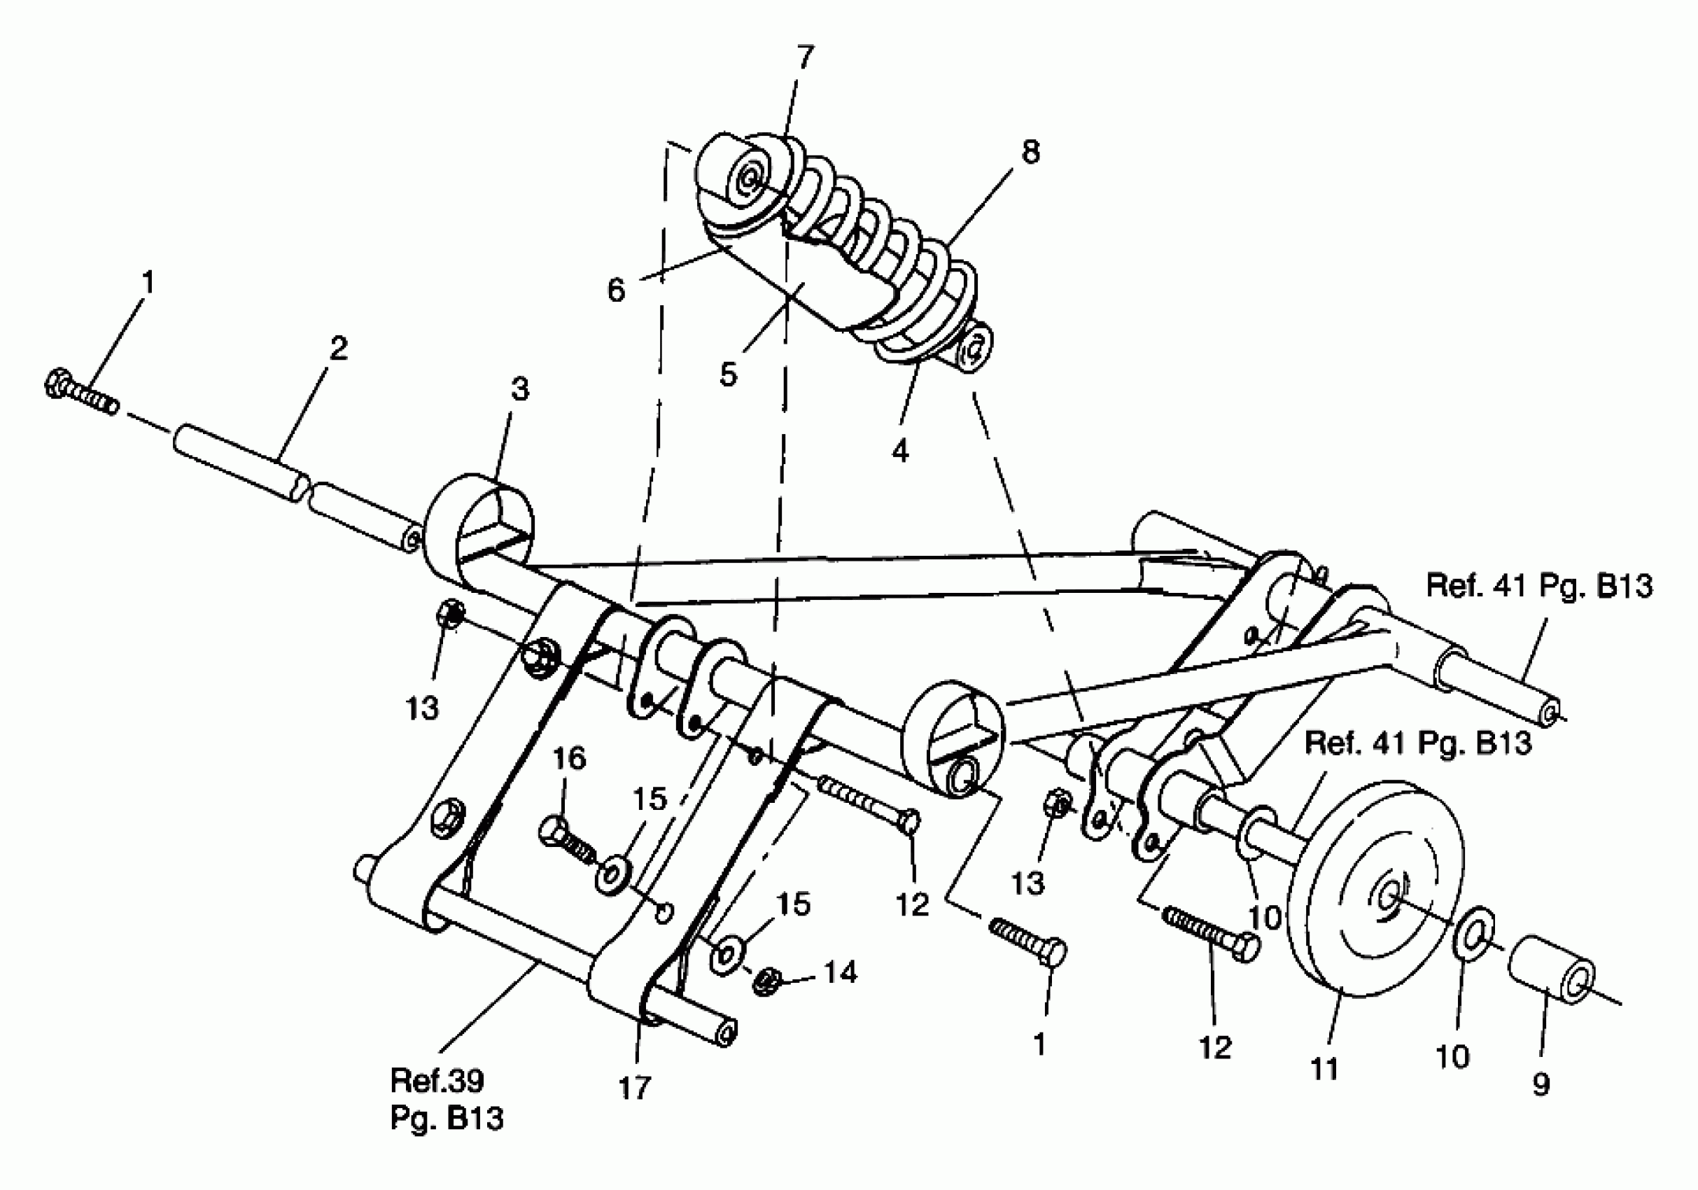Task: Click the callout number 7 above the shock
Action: [806, 55]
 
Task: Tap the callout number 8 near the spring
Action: [1030, 152]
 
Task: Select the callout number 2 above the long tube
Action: [338, 349]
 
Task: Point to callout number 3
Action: [520, 389]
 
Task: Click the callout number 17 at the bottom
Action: [634, 1088]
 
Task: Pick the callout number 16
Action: [569, 759]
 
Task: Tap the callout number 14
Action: [841, 972]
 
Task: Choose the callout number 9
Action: [1541, 1084]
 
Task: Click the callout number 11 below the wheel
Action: [1324, 1069]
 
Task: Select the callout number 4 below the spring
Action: [899, 449]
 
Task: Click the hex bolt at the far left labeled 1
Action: [80, 393]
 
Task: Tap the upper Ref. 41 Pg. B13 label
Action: [1539, 586]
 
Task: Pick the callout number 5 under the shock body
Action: [729, 374]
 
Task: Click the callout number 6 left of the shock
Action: [616, 290]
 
